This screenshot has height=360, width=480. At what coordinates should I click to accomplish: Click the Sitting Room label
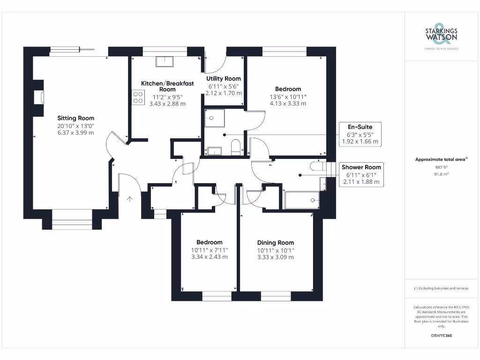(x=76, y=118)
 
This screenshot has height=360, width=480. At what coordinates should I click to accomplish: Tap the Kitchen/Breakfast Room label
(x=167, y=86)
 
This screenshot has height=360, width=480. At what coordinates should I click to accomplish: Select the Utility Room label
(x=224, y=79)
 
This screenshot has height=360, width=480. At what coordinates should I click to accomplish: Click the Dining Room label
(x=276, y=243)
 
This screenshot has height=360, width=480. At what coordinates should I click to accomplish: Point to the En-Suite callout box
(x=360, y=134)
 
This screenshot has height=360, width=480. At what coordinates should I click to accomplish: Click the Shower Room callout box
(x=361, y=174)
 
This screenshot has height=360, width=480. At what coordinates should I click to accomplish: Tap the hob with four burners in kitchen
(x=138, y=97)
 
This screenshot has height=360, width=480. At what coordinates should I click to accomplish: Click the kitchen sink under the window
(x=164, y=61)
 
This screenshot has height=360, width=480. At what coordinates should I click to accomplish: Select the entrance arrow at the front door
(x=129, y=199)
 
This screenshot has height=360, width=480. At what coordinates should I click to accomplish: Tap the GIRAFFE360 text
(x=441, y=336)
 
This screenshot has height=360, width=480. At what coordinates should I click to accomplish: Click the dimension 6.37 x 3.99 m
(x=76, y=133)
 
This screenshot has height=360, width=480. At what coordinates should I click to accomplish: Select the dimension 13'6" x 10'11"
(x=288, y=97)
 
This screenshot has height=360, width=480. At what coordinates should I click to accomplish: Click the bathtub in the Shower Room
(x=301, y=200)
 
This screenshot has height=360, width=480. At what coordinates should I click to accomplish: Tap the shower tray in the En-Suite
(x=214, y=118)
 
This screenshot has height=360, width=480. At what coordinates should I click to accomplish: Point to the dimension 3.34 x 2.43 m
(x=209, y=257)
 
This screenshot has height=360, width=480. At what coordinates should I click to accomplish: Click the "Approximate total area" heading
(x=441, y=159)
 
